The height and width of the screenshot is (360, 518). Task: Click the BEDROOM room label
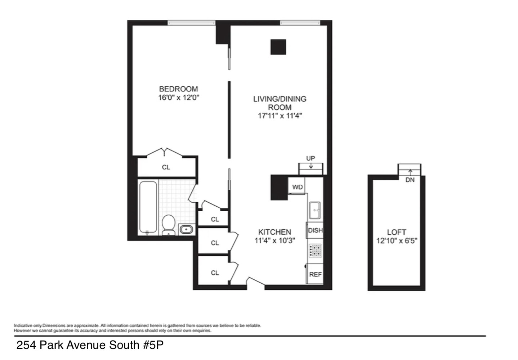178,89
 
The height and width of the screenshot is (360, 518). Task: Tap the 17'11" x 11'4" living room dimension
280,116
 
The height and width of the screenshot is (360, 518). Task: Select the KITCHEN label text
274,232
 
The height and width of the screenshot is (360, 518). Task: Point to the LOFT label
397,232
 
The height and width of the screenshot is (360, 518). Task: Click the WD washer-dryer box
297,187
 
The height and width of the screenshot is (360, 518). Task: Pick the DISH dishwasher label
315,230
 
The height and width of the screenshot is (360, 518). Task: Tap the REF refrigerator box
315,274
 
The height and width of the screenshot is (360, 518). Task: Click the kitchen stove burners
315,250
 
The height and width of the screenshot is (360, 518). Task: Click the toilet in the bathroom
168,224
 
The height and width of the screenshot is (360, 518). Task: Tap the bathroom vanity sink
186,229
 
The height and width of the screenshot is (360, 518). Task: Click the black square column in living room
278,47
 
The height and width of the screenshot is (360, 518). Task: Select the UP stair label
310,158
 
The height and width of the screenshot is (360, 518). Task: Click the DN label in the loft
410,180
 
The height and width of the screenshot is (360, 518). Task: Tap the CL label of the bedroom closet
166,167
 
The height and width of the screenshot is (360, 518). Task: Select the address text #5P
153,345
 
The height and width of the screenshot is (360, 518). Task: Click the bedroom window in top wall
191,23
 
